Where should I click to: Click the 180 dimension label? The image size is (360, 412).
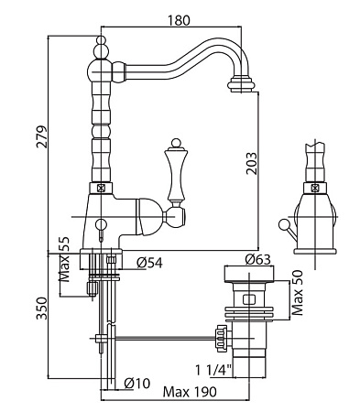179,20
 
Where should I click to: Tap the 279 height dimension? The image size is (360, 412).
42,136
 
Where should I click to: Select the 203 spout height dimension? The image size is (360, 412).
252,163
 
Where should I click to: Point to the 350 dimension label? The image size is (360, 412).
42,309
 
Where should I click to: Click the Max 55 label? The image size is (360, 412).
64,259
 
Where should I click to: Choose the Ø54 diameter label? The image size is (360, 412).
149,263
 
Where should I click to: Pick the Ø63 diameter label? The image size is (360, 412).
257,259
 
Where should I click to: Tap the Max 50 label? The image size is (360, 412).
297,293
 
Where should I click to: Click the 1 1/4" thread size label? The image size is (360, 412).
213,371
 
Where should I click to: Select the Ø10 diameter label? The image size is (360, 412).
137,384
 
